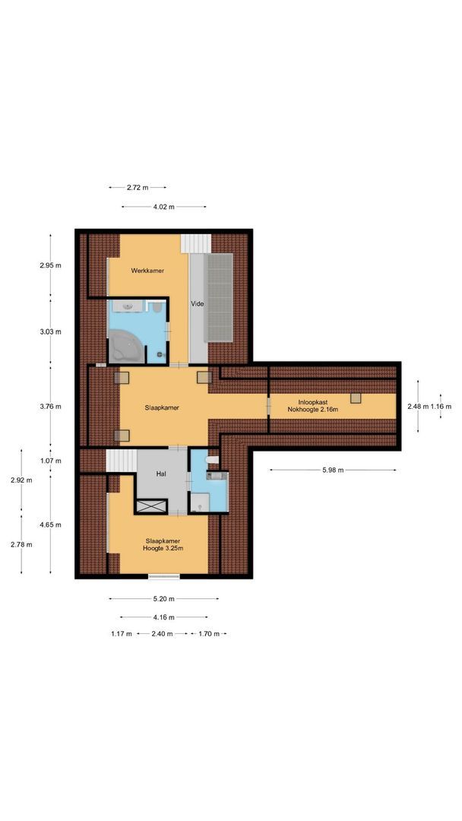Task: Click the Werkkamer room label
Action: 147,271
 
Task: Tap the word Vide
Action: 197,303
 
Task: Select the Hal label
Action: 161,474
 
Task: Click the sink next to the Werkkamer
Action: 127,306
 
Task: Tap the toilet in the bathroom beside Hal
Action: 212,460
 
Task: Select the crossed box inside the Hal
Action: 151,506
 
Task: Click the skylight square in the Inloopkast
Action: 356,398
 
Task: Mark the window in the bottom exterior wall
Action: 164,576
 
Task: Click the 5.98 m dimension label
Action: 333,471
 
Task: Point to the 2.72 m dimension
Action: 138,187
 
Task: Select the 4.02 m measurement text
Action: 163,207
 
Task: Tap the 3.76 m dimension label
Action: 50,406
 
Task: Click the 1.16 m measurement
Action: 441,406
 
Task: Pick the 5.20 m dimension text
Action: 163,598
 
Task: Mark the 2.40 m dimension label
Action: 162,633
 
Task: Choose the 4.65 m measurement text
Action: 50,525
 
